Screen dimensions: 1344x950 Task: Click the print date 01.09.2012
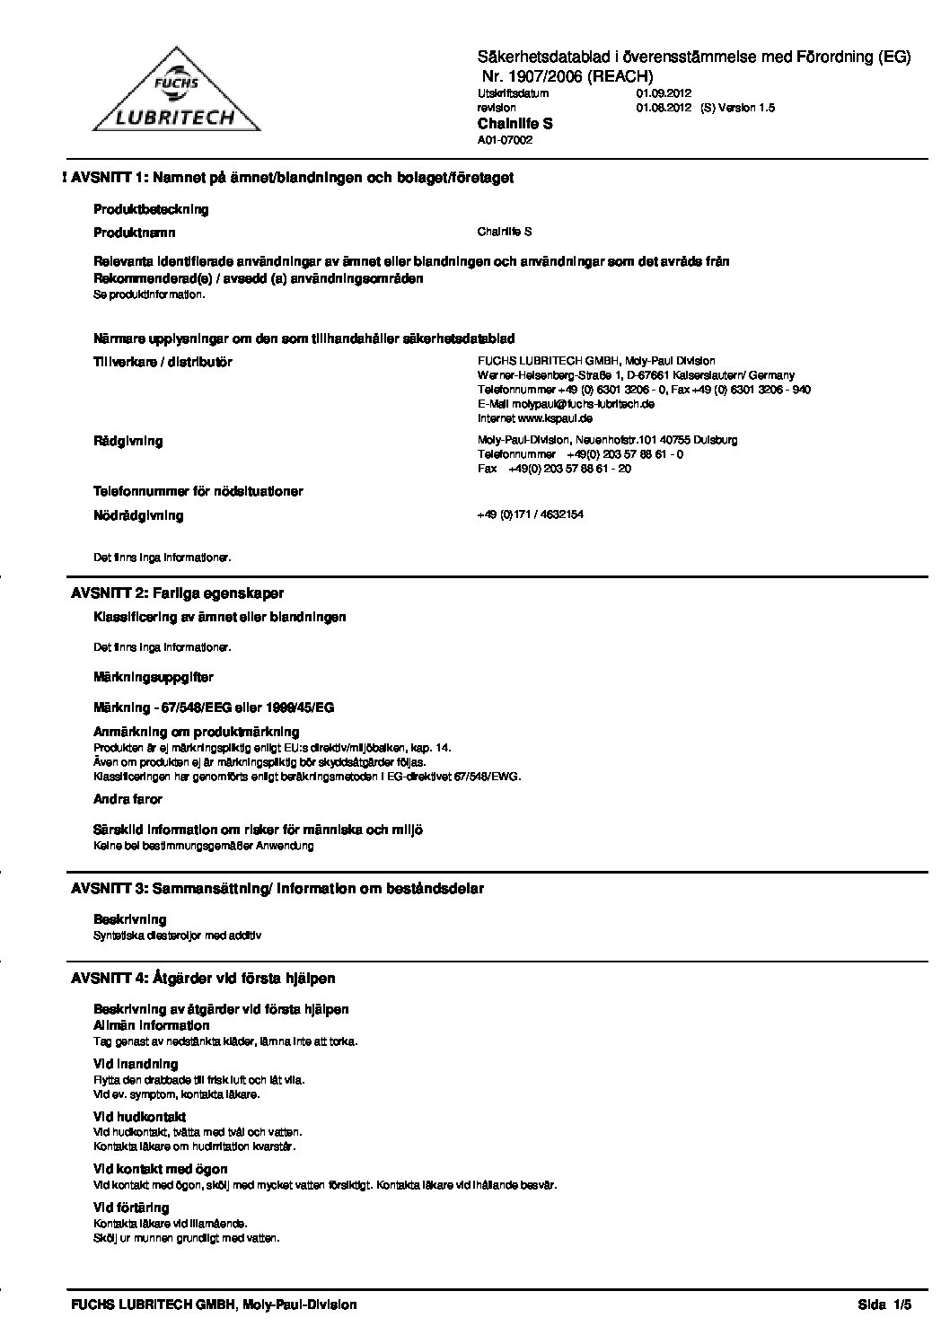pyautogui.click(x=664, y=92)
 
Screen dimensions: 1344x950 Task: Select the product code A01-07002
pyautogui.click(x=505, y=140)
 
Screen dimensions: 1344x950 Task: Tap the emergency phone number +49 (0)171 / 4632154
pyautogui.click(x=531, y=514)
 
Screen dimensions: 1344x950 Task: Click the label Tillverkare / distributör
pyautogui.click(x=163, y=362)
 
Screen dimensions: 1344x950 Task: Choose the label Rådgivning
pyautogui.click(x=128, y=441)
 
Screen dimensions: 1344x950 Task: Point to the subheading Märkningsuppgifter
pyautogui.click(x=153, y=677)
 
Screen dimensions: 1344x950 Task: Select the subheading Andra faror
pyautogui.click(x=128, y=798)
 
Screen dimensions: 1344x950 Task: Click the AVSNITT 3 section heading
pyautogui.click(x=277, y=889)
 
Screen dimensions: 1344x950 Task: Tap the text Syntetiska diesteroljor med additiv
pyautogui.click(x=177, y=935)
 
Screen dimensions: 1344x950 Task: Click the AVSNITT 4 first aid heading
pyautogui.click(x=203, y=978)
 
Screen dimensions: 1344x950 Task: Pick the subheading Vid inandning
pyautogui.click(x=136, y=1064)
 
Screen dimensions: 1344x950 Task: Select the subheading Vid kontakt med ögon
pyautogui.click(x=160, y=1169)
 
